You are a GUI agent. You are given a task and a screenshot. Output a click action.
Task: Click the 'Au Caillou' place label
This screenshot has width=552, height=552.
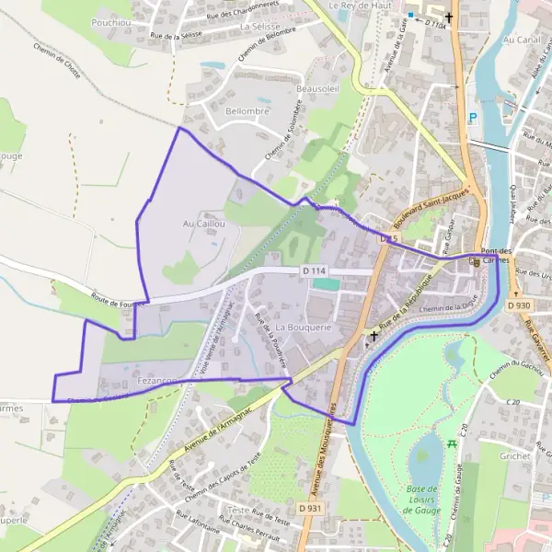(204, 224)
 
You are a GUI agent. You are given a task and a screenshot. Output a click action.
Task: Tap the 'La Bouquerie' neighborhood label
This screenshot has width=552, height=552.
(303, 328)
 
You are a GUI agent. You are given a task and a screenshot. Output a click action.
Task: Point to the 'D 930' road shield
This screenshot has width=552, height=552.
(518, 305)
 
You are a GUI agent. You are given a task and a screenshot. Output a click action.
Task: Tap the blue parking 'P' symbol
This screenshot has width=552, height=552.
(473, 117)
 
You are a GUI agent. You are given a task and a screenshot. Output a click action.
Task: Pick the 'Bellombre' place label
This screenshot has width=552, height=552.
(247, 110)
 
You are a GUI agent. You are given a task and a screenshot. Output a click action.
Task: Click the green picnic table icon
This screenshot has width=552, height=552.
(452, 444)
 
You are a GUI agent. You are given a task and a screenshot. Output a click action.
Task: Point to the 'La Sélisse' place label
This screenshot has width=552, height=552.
(259, 28)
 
